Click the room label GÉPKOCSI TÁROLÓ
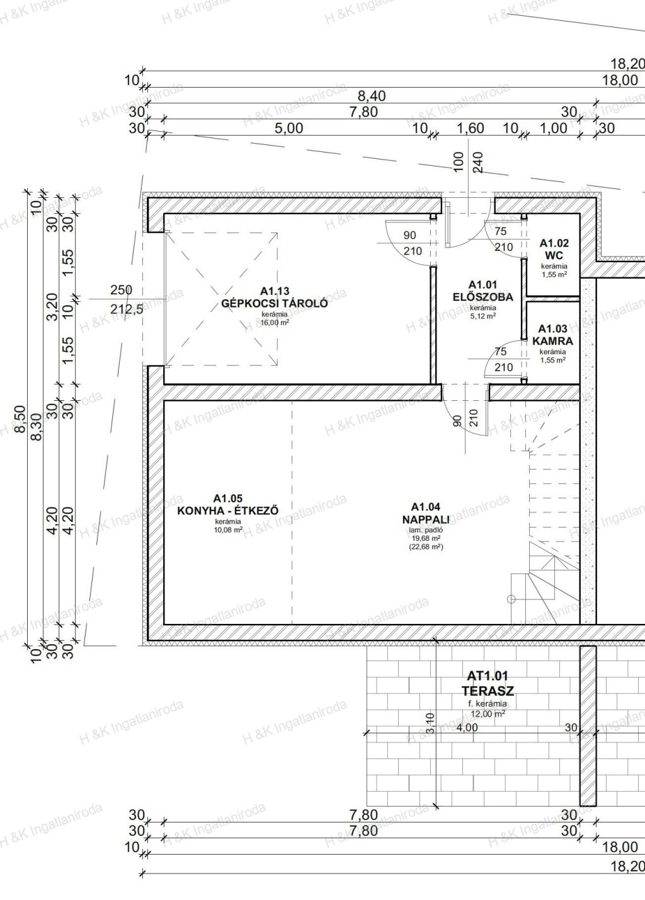click(274, 303)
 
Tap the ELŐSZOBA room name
click(482, 297)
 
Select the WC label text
click(554, 255)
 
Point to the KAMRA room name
click(552, 341)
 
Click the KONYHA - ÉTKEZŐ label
click(228, 511)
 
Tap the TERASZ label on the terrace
click(488, 691)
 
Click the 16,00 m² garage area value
click(275, 322)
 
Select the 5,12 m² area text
click(482, 316)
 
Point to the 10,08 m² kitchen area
click(228, 529)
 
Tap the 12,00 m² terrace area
click(488, 713)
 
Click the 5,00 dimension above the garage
click(288, 128)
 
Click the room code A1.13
click(275, 291)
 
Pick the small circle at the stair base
click(511, 599)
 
